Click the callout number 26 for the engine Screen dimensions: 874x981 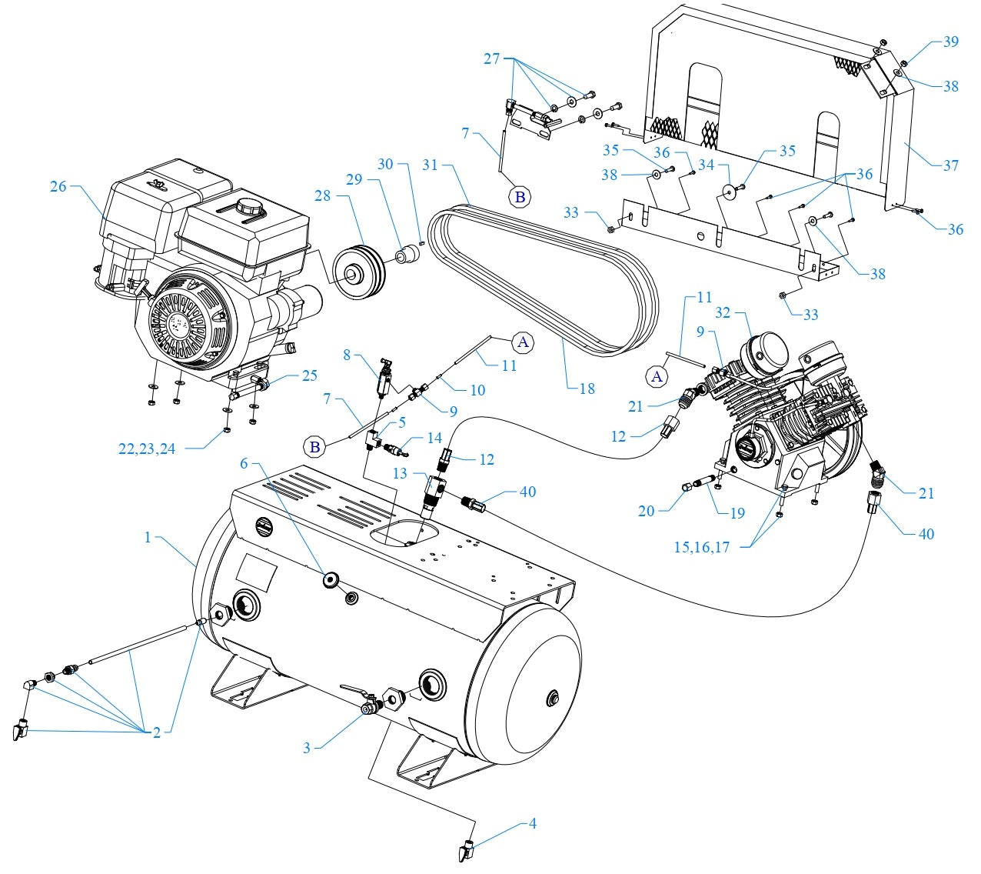(58, 186)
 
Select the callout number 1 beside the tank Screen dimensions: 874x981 (148, 538)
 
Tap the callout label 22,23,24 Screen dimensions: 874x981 (147, 449)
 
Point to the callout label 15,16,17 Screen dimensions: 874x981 (701, 547)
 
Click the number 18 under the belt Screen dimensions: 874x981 (587, 389)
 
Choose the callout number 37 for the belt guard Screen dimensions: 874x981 (950, 165)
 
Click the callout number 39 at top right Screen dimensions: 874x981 (950, 42)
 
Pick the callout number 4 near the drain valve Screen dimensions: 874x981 (532, 824)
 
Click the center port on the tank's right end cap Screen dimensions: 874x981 (550, 699)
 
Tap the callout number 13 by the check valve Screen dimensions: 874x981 (400, 474)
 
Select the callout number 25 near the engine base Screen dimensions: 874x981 (309, 375)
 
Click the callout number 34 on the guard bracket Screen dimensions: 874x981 (705, 165)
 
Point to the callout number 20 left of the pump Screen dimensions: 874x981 (646, 511)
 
